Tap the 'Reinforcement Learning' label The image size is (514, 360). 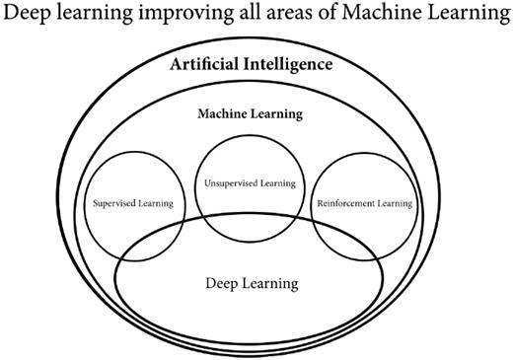[x=363, y=204]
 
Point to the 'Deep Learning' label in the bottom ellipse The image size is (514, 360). [x=252, y=284]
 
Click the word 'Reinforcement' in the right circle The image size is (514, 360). [x=346, y=204]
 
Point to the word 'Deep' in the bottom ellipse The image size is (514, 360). [x=222, y=284]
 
